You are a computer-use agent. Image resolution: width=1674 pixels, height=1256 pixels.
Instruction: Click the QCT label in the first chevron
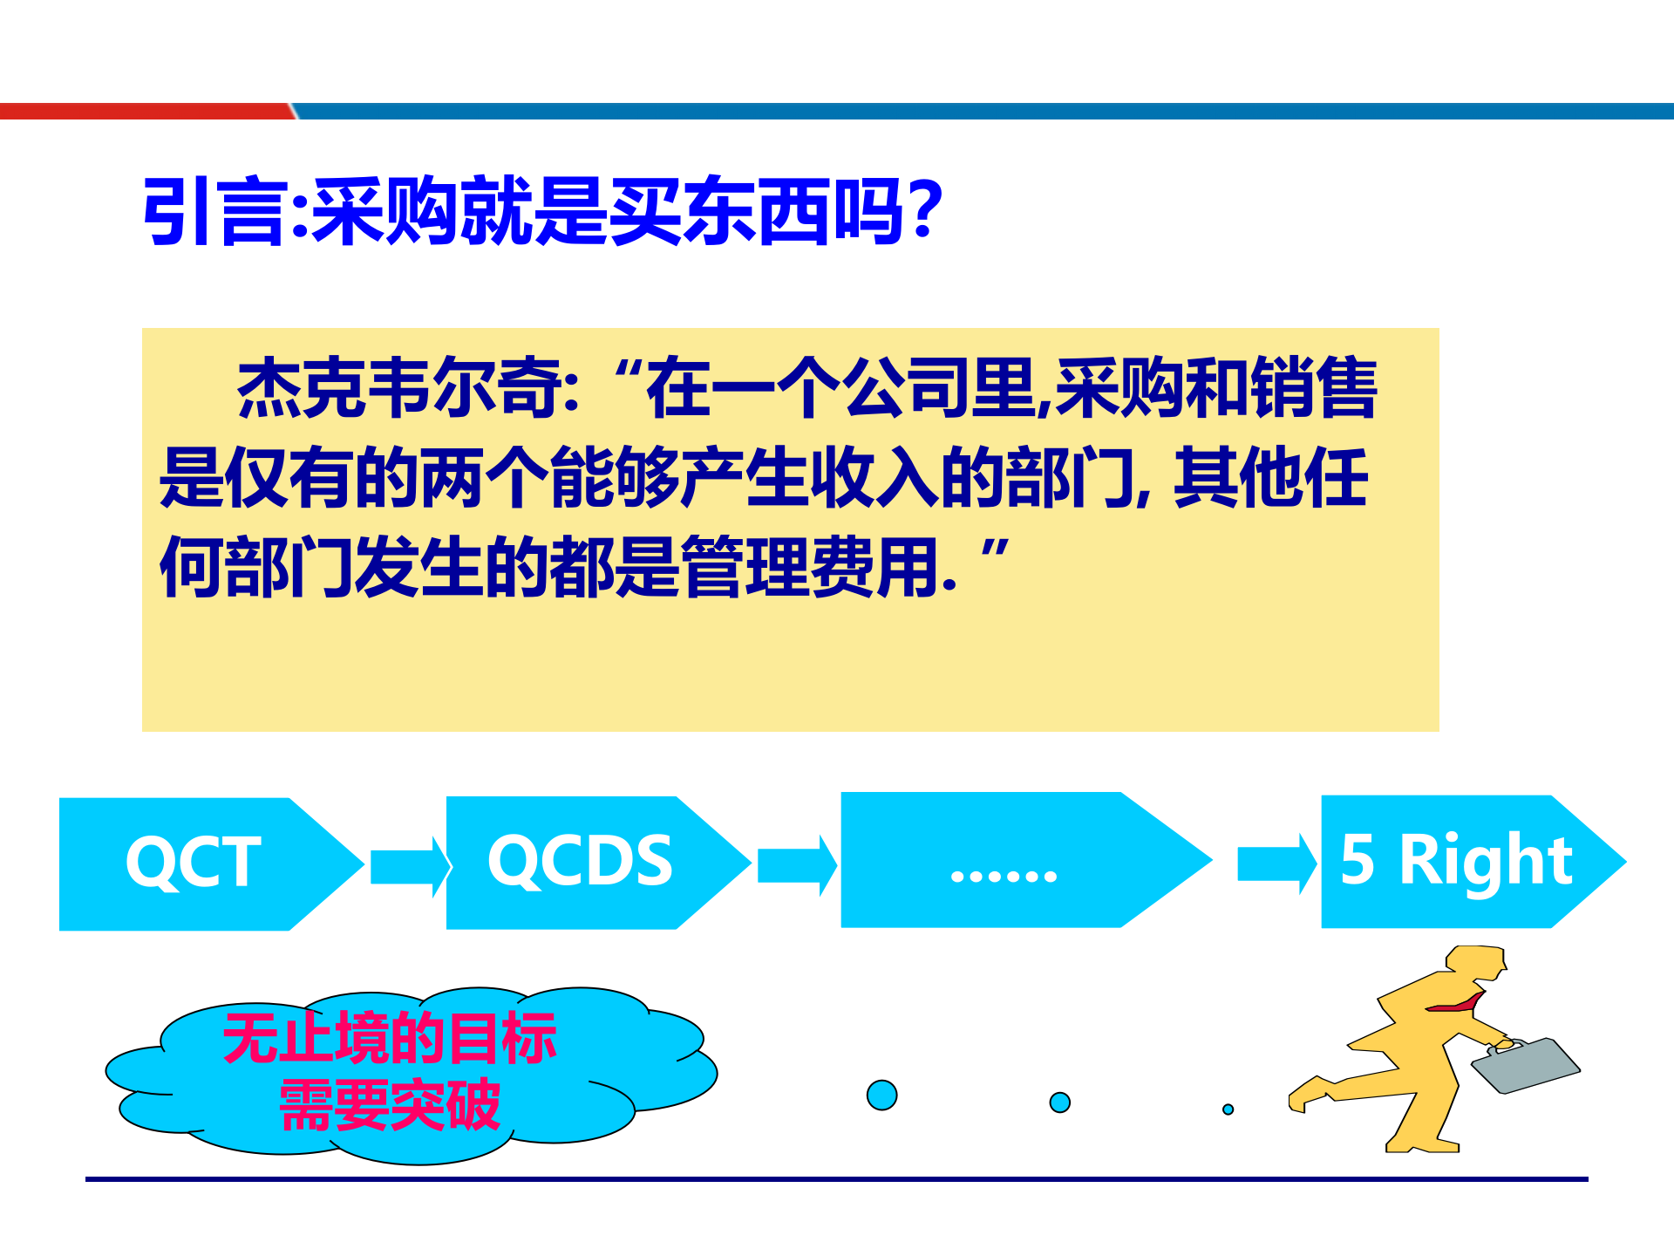pyautogui.click(x=194, y=862)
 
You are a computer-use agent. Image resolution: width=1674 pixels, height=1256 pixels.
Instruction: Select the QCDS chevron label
pyautogui.click(x=580, y=860)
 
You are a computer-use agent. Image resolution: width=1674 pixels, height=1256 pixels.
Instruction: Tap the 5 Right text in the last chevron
pyautogui.click(x=1456, y=860)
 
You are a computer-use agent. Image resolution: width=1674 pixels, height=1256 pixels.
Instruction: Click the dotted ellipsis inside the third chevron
pyautogui.click(x=1004, y=875)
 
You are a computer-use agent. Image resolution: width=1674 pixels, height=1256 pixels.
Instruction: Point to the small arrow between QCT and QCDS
pyautogui.click(x=408, y=866)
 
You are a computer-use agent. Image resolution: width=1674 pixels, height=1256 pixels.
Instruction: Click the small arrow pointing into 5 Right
pyautogui.click(x=1276, y=863)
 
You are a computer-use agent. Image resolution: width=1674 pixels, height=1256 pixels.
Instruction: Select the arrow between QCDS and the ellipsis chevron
pyautogui.click(x=795, y=864)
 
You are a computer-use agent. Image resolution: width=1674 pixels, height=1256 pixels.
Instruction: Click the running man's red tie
pyautogui.click(x=1457, y=1005)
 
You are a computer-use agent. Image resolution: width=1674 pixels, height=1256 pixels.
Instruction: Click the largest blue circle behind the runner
pyautogui.click(x=881, y=1095)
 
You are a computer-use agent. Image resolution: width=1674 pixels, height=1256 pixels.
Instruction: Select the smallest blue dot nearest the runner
pyautogui.click(x=1228, y=1109)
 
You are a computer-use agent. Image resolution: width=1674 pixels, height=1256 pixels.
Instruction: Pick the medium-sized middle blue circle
pyautogui.click(x=1059, y=1102)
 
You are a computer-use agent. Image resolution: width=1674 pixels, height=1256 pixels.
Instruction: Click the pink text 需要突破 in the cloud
pyautogui.click(x=390, y=1105)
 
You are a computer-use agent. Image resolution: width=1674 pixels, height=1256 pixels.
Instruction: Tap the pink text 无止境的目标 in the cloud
pyautogui.click(x=390, y=1038)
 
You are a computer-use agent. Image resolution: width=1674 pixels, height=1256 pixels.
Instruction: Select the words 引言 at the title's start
pyautogui.click(x=214, y=212)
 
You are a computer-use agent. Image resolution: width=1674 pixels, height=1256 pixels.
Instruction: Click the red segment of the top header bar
pyautogui.click(x=144, y=112)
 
